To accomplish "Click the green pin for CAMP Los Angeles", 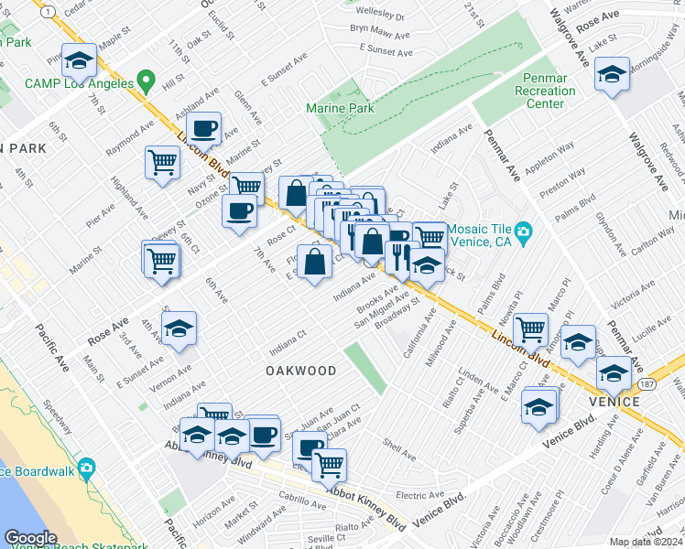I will [145, 83].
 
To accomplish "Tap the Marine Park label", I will [340, 109].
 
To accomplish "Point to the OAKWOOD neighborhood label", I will [300, 371].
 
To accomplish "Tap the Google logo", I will [30, 538].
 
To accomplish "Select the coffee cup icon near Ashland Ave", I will [205, 128].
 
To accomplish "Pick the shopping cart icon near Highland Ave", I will [162, 163].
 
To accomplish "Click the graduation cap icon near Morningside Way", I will [611, 73].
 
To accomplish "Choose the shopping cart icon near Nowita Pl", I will [530, 328].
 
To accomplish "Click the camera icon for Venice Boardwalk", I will [87, 468].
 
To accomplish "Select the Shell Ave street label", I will [400, 447].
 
